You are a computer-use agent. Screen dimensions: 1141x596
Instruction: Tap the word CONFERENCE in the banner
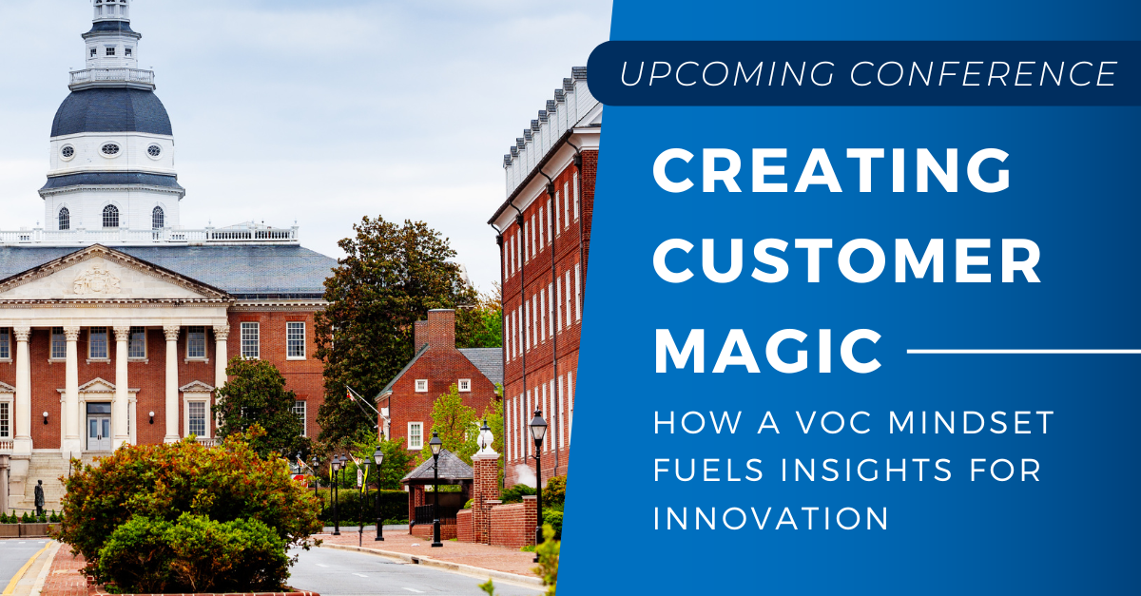pos(983,73)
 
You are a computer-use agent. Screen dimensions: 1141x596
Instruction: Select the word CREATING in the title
pos(832,170)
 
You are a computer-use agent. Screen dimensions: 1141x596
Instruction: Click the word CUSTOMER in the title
pos(847,260)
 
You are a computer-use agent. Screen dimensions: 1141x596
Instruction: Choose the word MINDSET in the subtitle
pos(971,422)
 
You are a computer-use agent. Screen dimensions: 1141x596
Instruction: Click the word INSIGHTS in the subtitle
pos(867,470)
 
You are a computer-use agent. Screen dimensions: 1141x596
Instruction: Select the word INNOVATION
pos(771,518)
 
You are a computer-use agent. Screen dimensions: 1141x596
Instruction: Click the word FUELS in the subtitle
pos(708,470)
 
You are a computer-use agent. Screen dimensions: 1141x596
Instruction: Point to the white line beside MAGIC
pos(1024,351)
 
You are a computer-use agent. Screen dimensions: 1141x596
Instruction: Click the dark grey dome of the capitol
pos(111,112)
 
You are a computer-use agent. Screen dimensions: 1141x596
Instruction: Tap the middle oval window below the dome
pos(110,149)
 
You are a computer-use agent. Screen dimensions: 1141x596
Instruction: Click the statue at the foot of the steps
pos(39,497)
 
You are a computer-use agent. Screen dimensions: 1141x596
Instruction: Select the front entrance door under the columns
pos(98,427)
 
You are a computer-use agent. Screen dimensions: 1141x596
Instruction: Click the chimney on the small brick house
pos(435,330)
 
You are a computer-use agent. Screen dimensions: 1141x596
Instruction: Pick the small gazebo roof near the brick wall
pos(437,465)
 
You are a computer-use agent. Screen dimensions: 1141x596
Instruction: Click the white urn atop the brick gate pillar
pos(486,438)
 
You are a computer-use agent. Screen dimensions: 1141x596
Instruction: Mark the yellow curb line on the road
pos(27,568)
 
